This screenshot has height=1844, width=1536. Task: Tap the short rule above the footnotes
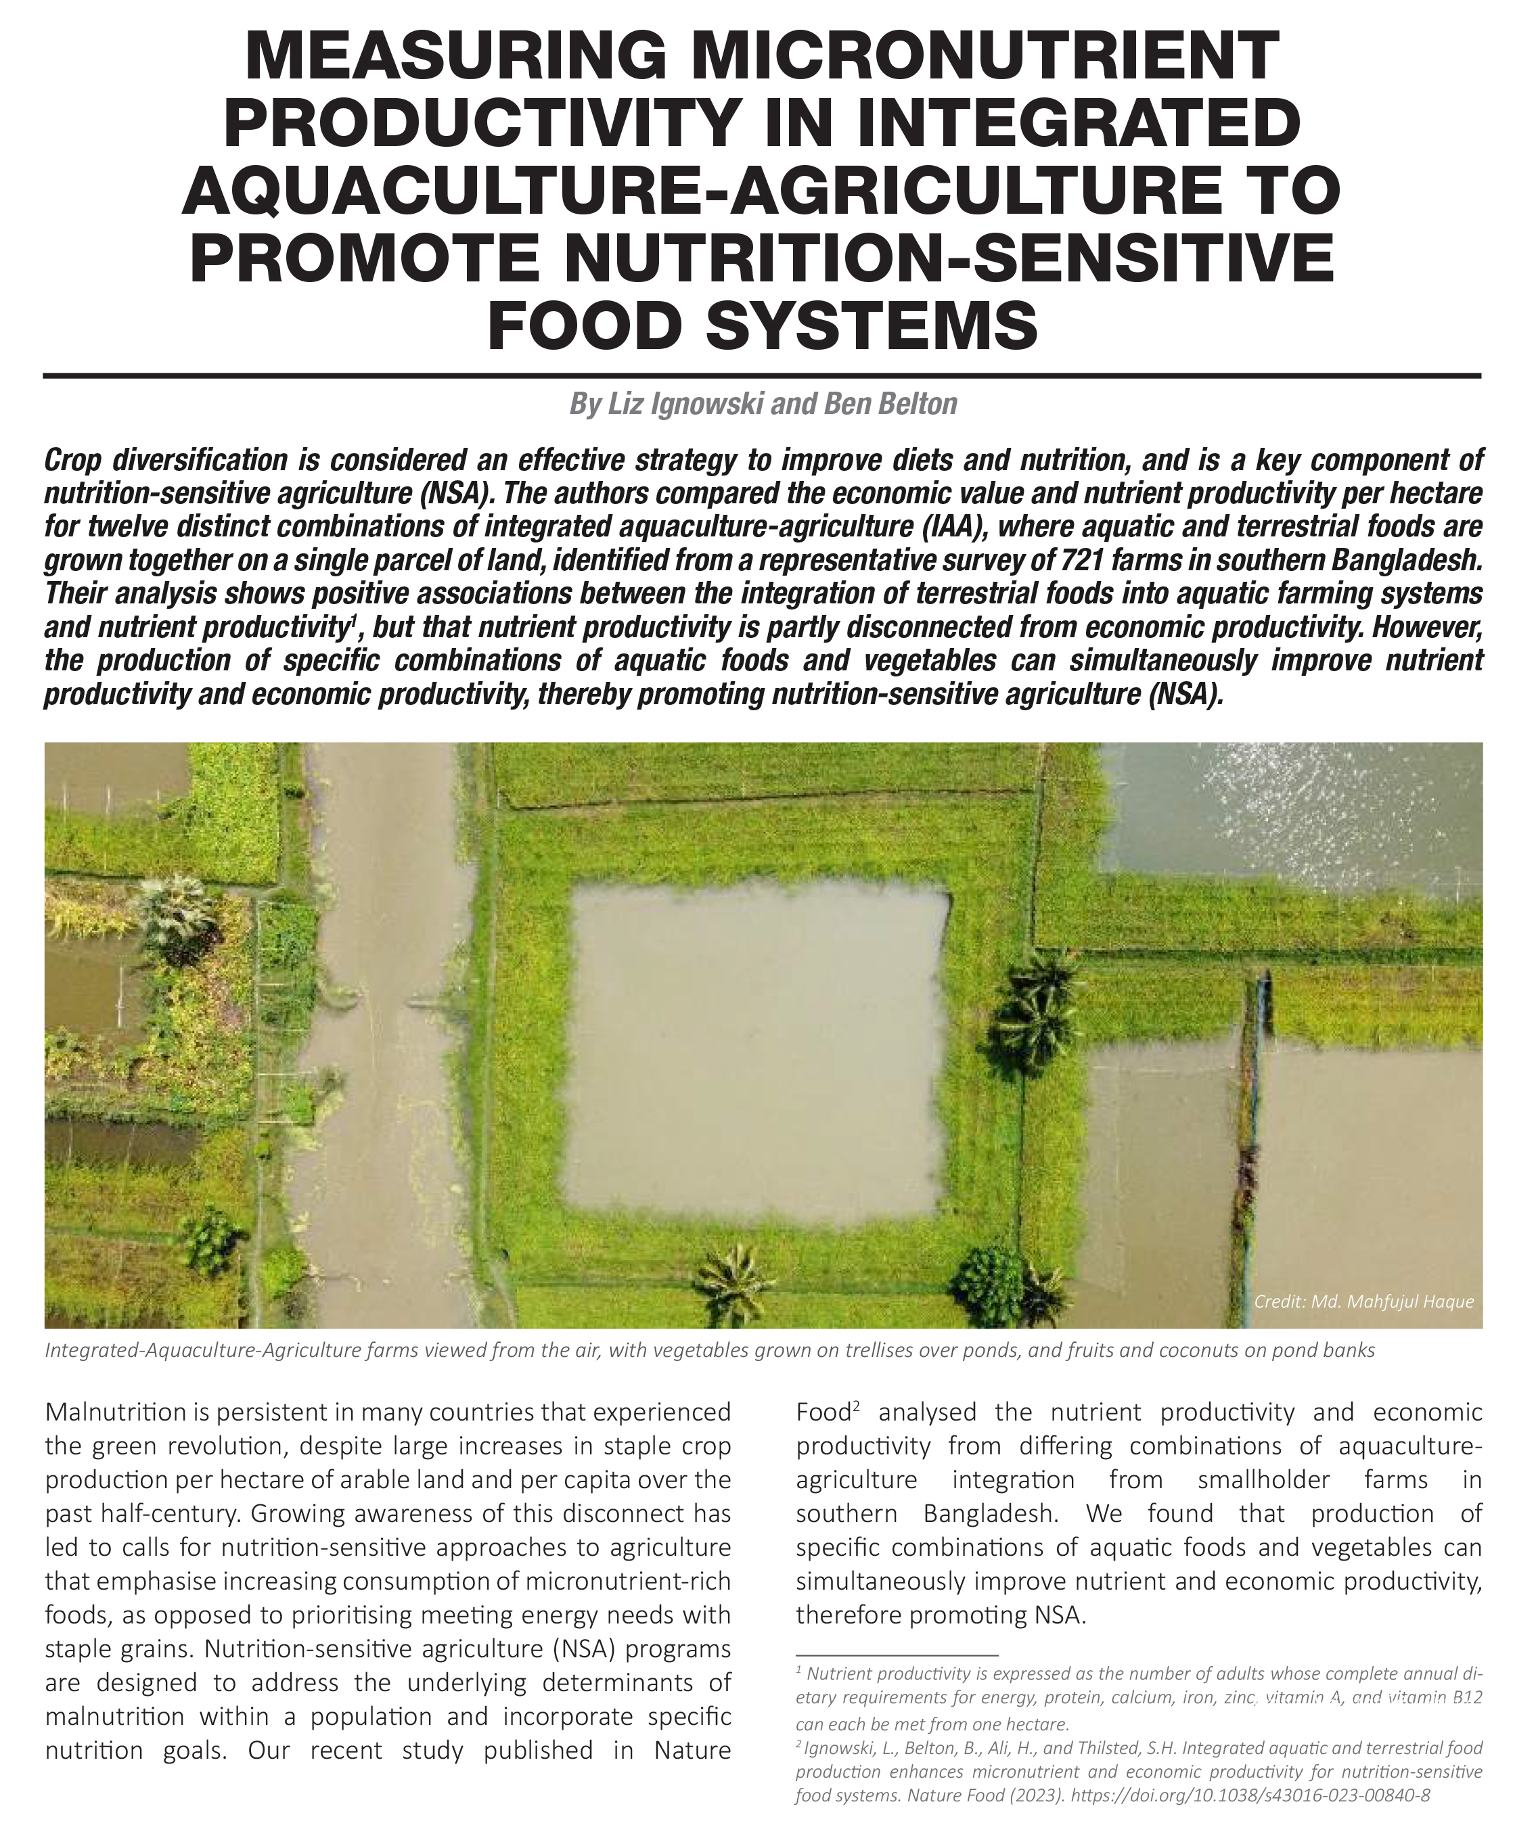[x=897, y=1655]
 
